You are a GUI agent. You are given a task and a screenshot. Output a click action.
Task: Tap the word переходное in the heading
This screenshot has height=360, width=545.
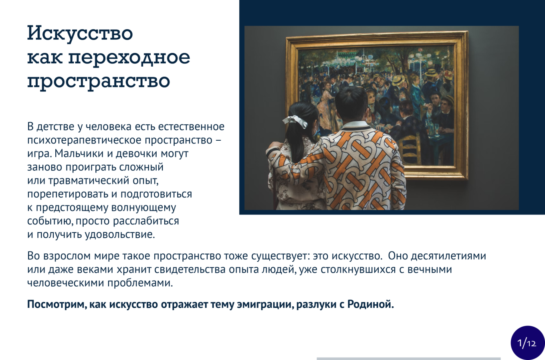tap(129, 58)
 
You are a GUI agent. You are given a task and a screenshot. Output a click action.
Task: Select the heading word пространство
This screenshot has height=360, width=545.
tap(99, 81)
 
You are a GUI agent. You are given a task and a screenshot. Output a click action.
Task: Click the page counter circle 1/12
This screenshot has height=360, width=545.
tap(527, 343)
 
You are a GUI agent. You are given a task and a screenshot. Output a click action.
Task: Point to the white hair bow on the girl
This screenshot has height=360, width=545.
tap(295, 121)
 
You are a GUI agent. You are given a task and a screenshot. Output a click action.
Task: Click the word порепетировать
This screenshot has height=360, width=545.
tap(67, 194)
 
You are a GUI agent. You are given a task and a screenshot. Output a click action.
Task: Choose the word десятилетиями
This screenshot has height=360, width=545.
tap(449, 256)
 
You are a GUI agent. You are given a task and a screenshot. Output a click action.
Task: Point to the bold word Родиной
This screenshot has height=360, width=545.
tap(370, 304)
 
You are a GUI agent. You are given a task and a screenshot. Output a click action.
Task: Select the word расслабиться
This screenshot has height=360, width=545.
tap(146, 221)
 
